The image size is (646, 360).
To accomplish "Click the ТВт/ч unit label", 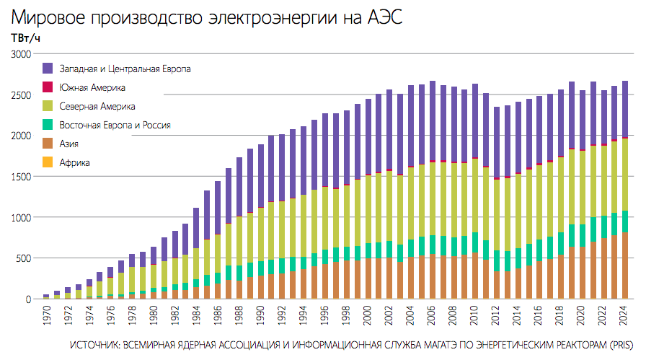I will [25, 38].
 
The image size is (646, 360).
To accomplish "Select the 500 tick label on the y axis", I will [25, 258].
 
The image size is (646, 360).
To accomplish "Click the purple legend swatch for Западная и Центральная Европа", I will [48, 69].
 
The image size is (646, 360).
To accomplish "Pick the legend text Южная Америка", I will [92, 87].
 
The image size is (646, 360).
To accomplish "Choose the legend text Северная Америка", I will [97, 106].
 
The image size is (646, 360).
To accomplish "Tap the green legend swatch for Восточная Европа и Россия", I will [48, 125].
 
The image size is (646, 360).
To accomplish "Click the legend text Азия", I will [69, 144].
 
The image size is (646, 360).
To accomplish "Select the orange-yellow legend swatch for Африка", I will [48, 162].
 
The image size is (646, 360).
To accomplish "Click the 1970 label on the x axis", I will [46, 315].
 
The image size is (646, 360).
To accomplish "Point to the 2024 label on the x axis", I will [624, 315].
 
